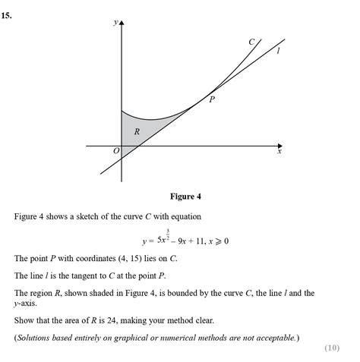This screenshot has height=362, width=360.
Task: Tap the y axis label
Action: (x=115, y=23)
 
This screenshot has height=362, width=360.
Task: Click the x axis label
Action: (x=279, y=152)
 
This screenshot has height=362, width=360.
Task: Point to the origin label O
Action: (x=116, y=151)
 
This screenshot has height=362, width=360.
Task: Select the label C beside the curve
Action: (x=251, y=42)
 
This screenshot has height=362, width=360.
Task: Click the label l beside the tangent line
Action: (x=279, y=52)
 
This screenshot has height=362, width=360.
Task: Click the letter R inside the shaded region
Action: (x=137, y=131)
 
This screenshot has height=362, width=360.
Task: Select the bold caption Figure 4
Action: (x=185, y=197)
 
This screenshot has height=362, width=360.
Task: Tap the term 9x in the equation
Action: (x=185, y=241)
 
